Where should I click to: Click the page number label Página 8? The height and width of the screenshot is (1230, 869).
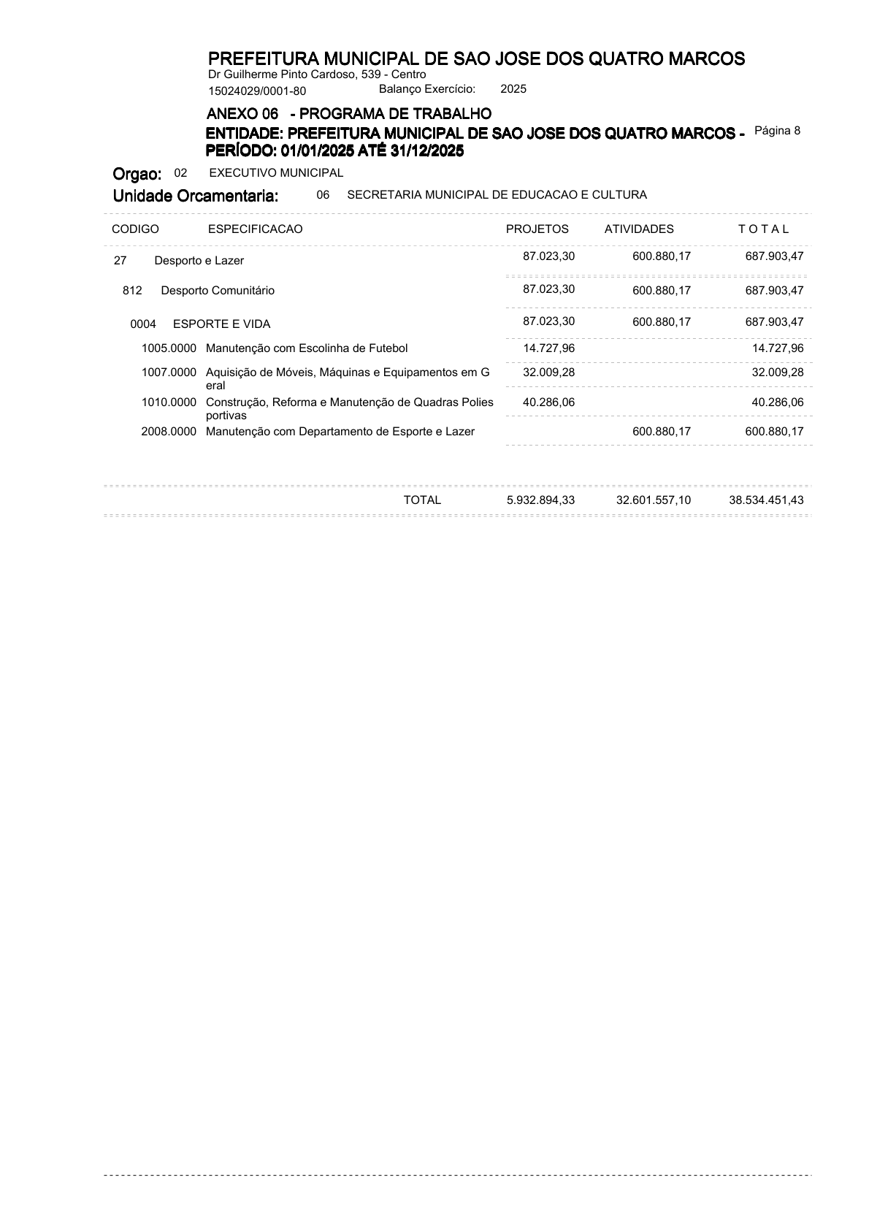click(777, 131)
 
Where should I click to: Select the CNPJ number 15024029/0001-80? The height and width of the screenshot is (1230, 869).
click(257, 91)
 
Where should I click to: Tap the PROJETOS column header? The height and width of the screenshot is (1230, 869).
click(537, 229)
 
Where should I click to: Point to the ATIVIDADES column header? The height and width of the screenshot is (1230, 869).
click(639, 229)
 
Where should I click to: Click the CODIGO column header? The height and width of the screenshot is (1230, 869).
click(135, 229)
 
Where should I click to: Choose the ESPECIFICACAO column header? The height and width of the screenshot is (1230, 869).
click(255, 229)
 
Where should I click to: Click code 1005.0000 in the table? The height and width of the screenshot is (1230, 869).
click(169, 348)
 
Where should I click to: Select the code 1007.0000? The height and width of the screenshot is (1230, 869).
click(169, 373)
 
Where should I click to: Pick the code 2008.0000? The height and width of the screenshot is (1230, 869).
click(169, 432)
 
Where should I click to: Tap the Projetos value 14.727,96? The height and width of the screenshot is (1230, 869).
click(549, 348)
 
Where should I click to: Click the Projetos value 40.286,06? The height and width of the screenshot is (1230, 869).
click(549, 402)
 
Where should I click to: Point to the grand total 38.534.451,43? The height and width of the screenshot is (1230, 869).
click(766, 500)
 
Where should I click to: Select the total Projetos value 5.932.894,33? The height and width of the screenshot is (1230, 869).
click(540, 500)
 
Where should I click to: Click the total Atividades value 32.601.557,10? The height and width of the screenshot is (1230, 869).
click(654, 500)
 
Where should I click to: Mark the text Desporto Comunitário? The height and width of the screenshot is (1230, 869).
click(218, 291)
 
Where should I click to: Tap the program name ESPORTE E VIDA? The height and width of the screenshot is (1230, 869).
click(221, 324)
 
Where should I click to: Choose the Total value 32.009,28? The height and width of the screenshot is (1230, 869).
click(778, 373)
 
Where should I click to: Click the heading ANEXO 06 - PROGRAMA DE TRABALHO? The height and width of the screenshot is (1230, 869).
click(349, 114)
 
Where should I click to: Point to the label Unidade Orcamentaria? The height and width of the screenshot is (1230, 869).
click(196, 196)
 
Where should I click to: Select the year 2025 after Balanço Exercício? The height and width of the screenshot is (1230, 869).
click(513, 89)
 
